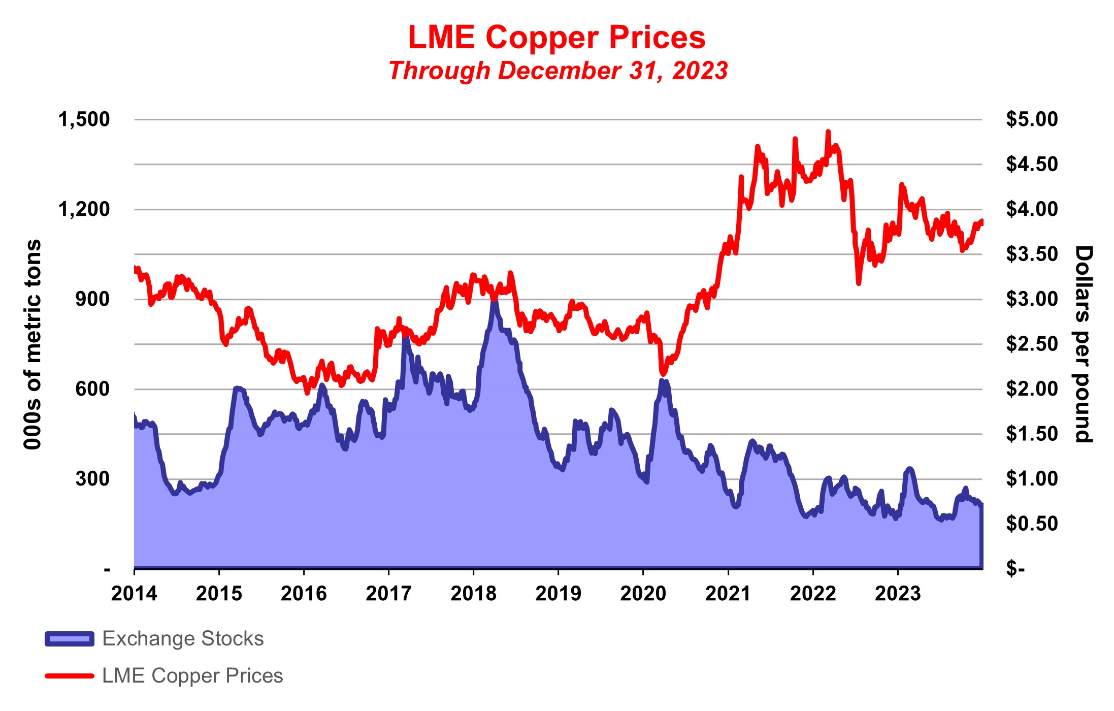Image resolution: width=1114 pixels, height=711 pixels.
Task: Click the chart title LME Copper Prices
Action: [x=557, y=37]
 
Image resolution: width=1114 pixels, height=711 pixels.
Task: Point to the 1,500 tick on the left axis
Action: [x=84, y=119]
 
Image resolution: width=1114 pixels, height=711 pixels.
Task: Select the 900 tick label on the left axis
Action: [x=92, y=299]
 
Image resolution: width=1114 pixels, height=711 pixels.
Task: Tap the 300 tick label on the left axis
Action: [x=92, y=478]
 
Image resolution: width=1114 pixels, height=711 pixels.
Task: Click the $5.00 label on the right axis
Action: [x=1032, y=119]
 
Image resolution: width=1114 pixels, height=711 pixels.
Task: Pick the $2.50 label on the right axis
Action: [x=1032, y=344]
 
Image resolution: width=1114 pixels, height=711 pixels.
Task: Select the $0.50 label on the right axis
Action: [x=1032, y=524]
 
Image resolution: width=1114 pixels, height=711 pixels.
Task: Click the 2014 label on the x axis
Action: [x=134, y=593]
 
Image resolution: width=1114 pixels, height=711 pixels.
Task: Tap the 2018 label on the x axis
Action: [x=473, y=593]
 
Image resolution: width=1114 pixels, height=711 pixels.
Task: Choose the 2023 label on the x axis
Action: [x=897, y=593]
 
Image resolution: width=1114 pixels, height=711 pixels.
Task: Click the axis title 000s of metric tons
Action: [x=33, y=344]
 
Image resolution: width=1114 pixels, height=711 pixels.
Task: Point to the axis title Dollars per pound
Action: [x=1083, y=344]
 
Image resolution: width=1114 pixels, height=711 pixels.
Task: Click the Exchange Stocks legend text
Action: [x=183, y=638]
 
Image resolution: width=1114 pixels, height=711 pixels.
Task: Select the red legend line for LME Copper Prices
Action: [x=70, y=676]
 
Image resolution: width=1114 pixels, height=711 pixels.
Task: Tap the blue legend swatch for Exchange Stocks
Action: [x=70, y=639]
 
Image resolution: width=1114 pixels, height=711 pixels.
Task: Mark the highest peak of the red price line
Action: [x=828, y=132]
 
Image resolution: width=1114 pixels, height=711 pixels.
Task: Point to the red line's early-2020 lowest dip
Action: [x=662, y=374]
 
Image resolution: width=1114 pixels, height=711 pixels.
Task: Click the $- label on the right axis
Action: [x=1015, y=568]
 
